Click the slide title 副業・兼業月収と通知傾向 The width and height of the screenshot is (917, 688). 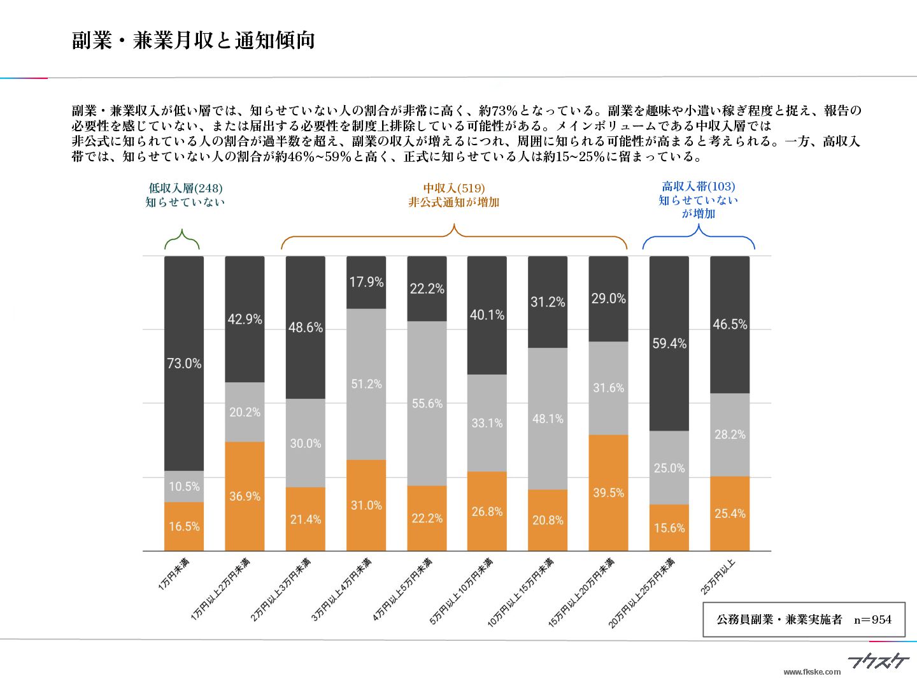(x=193, y=41)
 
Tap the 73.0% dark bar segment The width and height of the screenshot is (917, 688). (x=184, y=363)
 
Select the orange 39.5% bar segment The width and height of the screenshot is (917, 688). (x=608, y=492)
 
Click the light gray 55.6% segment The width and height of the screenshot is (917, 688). (x=427, y=403)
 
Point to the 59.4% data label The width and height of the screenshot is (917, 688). (x=669, y=344)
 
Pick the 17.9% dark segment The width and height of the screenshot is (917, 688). (x=366, y=282)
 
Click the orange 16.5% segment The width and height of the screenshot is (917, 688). (x=184, y=526)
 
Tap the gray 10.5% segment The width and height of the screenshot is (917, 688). (x=184, y=487)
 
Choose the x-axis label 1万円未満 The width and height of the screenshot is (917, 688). (x=174, y=574)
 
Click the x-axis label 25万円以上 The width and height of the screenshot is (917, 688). (x=718, y=577)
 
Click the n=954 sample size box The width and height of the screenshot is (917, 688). (x=804, y=619)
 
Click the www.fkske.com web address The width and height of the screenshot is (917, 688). (x=811, y=671)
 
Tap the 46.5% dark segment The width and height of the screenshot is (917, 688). (x=730, y=324)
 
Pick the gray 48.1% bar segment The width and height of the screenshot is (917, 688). (x=548, y=419)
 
